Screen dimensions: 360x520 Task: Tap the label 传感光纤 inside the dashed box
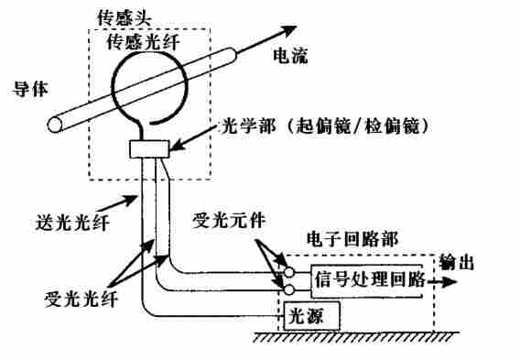point(142,42)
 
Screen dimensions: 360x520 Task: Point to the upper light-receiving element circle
point(288,272)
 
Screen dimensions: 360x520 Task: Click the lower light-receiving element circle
point(288,289)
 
